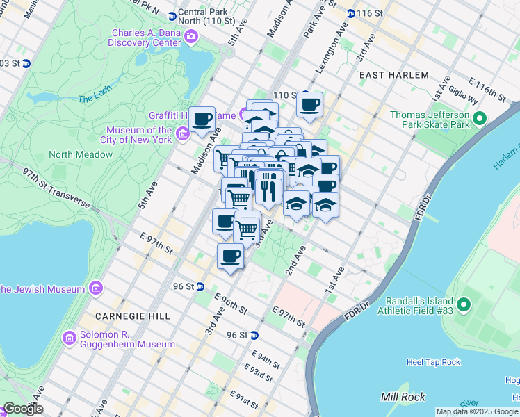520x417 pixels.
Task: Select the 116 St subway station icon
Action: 351,13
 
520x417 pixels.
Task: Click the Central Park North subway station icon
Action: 172,13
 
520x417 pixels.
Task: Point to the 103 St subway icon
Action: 26,63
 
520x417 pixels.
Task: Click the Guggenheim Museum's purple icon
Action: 70,338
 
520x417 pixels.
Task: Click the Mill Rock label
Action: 399,396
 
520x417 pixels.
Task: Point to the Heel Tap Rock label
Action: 432,362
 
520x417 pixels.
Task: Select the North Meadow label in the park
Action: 80,154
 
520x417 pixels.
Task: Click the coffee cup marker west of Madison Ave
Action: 202,119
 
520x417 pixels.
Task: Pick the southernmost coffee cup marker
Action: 230,256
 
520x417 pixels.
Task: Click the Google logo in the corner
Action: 22,409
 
